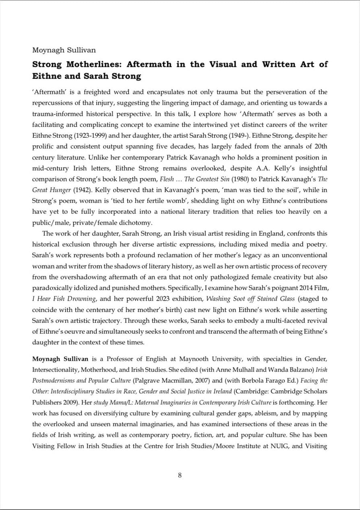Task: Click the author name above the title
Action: [64, 50]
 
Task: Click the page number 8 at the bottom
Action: [180, 475]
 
